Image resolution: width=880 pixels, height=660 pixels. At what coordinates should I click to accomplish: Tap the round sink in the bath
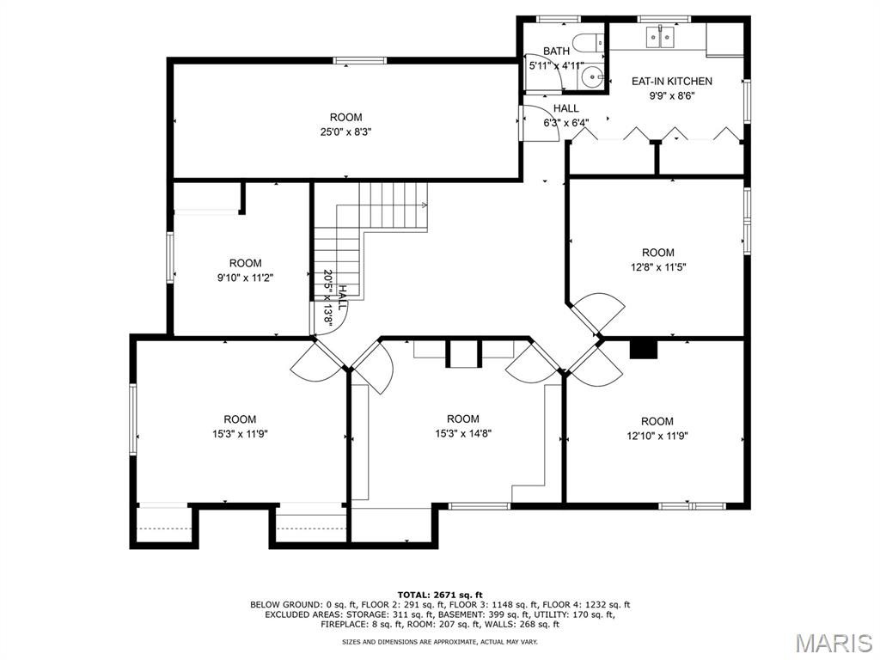point(591,76)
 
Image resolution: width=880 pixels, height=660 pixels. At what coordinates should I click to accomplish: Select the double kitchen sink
point(660,37)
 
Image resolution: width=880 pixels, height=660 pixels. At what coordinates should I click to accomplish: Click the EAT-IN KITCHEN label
point(672,81)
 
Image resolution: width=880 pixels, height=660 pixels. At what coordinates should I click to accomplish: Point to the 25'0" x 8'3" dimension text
point(345,131)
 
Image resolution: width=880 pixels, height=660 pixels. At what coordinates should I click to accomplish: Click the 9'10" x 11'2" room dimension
point(245,278)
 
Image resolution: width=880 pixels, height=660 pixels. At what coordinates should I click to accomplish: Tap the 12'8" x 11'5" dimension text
point(658,267)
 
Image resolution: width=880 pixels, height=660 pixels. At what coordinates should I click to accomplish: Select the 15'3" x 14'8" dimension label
point(463,433)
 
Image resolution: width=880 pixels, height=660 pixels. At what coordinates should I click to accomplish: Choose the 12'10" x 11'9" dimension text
point(657,436)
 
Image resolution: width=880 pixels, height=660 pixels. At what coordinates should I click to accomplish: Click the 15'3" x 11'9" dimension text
point(240,434)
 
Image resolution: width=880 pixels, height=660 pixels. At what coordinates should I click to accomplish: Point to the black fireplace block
point(643,349)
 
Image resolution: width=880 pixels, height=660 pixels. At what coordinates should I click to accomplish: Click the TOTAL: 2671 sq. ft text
point(440,595)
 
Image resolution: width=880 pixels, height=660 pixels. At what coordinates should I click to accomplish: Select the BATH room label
point(556,51)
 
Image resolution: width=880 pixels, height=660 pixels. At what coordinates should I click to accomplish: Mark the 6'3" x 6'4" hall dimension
point(565,123)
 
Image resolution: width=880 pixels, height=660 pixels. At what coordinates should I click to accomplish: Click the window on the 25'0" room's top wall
point(360,61)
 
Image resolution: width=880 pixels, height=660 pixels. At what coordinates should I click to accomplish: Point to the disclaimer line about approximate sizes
point(440,641)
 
